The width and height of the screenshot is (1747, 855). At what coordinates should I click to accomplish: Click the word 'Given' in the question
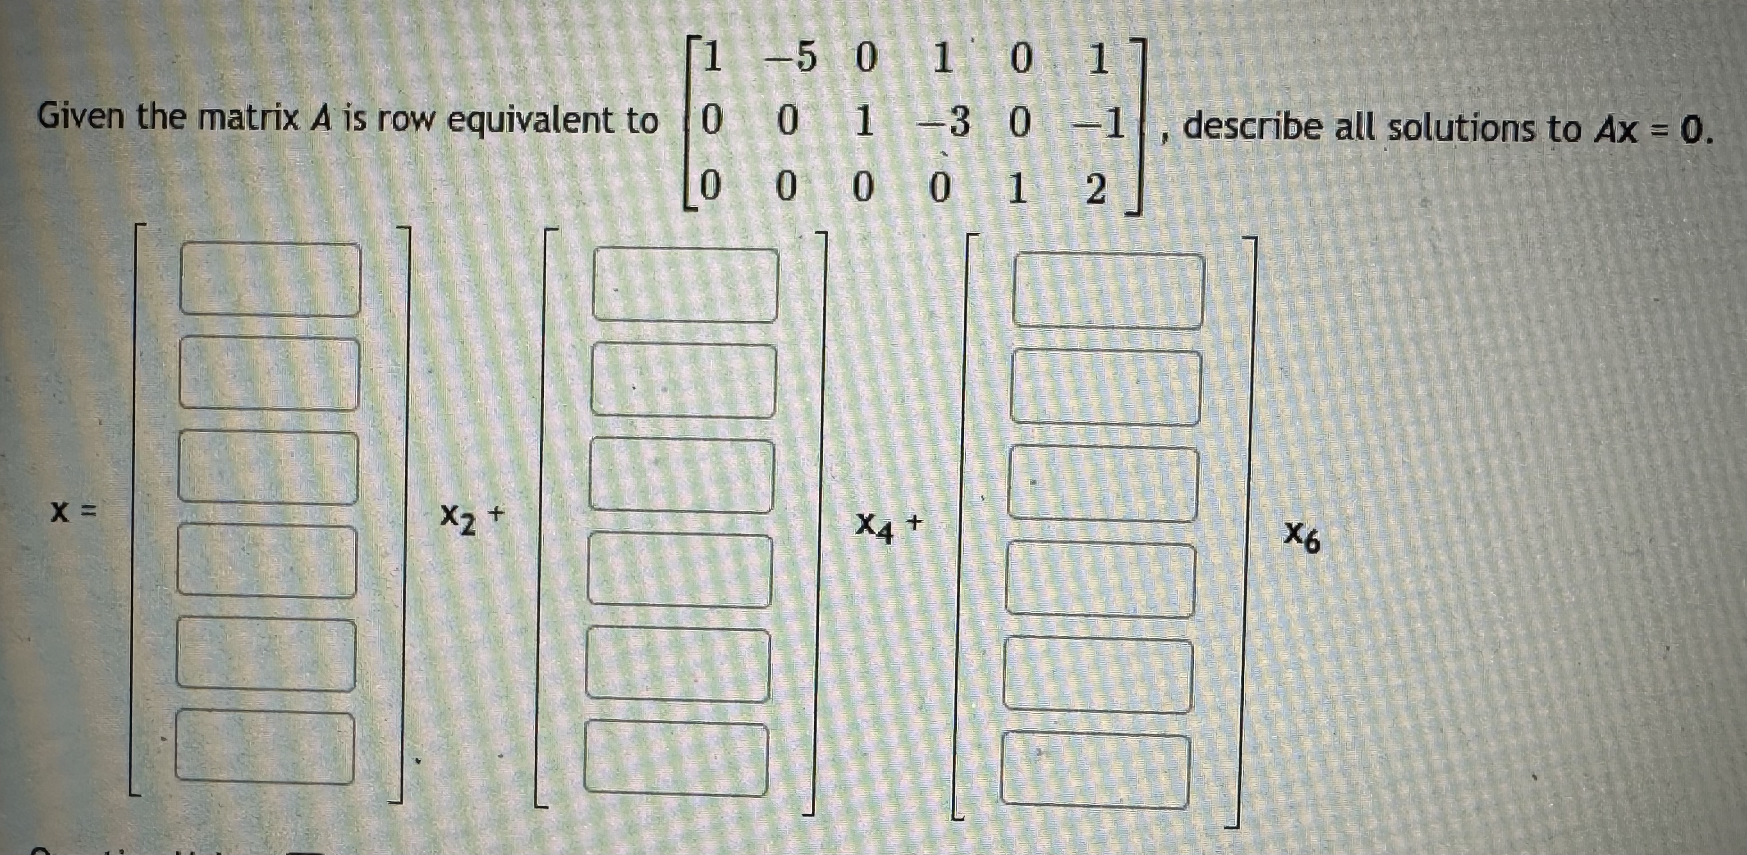click(x=81, y=117)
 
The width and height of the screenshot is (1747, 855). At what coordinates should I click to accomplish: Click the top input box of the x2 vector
click(x=270, y=279)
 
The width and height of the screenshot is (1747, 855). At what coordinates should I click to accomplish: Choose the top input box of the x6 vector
click(x=1108, y=291)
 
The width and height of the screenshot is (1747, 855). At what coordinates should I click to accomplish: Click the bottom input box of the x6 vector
click(x=1095, y=770)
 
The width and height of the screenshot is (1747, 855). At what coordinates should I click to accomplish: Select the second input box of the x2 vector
click(x=269, y=373)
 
